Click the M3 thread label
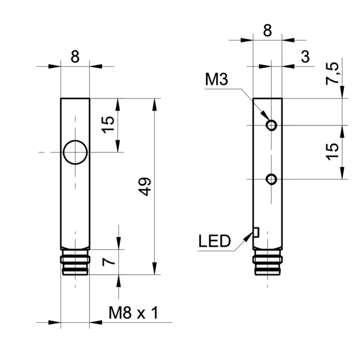click(x=217, y=79)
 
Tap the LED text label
click(x=214, y=241)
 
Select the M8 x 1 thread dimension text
click(x=133, y=313)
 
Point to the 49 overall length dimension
click(x=145, y=187)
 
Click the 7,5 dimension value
click(x=332, y=73)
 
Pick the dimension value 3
click(x=305, y=56)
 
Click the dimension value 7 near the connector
click(x=109, y=262)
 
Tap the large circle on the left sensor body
click(x=75, y=152)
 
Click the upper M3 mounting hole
click(x=271, y=125)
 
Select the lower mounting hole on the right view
click(x=271, y=179)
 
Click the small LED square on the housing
click(x=256, y=232)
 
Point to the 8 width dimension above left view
click(x=75, y=56)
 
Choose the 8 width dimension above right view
click(x=268, y=31)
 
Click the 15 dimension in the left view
click(x=108, y=125)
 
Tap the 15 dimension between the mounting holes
click(x=332, y=152)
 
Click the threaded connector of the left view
click(x=75, y=262)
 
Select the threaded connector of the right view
click(x=268, y=262)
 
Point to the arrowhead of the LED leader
click(x=248, y=236)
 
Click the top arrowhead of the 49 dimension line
click(x=155, y=104)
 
